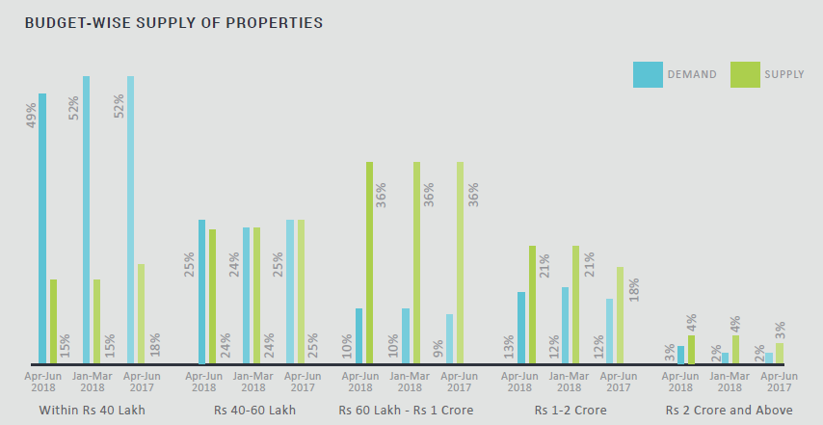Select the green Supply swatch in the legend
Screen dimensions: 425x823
[x=745, y=74]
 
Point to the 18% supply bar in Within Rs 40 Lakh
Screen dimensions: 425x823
[x=142, y=314]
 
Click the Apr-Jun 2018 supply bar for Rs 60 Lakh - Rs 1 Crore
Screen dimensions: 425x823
[x=369, y=263]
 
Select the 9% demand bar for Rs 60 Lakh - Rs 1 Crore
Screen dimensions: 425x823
[x=448, y=339]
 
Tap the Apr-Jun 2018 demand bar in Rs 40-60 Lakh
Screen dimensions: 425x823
[x=201, y=292]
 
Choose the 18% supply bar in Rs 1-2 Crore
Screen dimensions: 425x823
[x=620, y=316]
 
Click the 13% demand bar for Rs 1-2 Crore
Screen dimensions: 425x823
[x=521, y=328]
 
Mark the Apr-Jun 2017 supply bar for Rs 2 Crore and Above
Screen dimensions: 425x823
[x=780, y=354]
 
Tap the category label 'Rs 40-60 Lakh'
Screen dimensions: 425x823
[x=254, y=411]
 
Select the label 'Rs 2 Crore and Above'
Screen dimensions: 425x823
[x=729, y=411]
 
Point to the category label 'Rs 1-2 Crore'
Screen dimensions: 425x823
[x=571, y=411]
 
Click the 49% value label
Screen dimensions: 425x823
[x=31, y=116]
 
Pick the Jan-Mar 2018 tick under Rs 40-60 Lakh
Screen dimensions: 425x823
[x=253, y=382]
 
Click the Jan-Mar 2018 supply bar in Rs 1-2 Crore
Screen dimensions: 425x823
[x=576, y=305]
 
